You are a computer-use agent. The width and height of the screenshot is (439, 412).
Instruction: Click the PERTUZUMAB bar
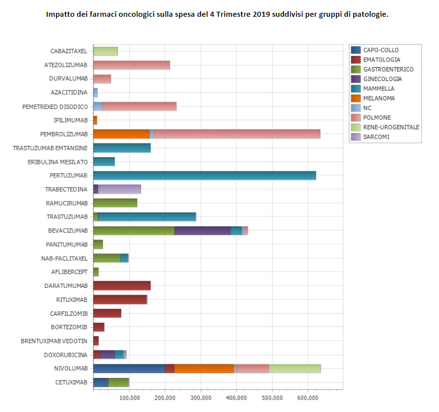pos(205,176)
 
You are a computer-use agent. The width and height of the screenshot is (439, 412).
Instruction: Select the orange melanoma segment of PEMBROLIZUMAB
pos(121,134)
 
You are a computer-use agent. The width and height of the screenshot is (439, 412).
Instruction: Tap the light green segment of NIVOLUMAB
pos(295,368)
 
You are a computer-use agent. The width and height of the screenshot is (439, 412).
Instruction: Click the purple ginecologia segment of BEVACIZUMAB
pos(202,230)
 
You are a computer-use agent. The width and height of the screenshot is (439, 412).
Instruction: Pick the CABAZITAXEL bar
pos(106,51)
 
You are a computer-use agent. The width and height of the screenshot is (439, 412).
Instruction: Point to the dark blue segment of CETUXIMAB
pos(101,382)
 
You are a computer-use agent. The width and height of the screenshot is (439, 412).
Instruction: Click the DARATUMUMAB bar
pos(122,286)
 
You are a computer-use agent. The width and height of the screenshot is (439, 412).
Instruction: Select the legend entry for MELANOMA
pos(379,98)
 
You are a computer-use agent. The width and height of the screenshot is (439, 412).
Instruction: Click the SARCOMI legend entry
pos(376,136)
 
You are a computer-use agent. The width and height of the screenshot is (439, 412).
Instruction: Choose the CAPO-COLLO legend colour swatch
pos(355,50)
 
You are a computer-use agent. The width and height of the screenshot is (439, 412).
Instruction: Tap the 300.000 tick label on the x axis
pos(201,397)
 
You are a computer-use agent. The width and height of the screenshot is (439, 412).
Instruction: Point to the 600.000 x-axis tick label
pos(308,397)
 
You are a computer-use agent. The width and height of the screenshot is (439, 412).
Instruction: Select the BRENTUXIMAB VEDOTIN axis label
pos(54,341)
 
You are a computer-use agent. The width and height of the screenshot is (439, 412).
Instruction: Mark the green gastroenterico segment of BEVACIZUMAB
pos(134,230)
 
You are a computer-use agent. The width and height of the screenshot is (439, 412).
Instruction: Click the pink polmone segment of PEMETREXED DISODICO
pos(139,106)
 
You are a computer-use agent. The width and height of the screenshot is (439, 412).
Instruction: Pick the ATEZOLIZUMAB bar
pos(131,65)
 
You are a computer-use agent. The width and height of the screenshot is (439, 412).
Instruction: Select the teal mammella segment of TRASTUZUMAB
pos(147,217)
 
